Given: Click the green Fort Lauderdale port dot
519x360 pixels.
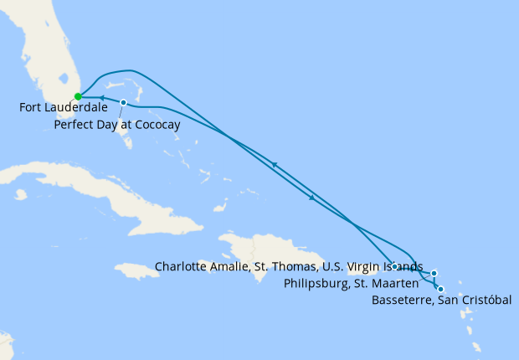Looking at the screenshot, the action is point(78,96).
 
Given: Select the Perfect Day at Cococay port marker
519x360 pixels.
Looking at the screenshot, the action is point(124,103).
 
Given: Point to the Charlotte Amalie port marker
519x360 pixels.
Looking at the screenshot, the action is point(393,266).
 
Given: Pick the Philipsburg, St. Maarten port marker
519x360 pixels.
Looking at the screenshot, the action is point(434,273).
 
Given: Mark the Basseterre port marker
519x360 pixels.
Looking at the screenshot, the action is point(440,290).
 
